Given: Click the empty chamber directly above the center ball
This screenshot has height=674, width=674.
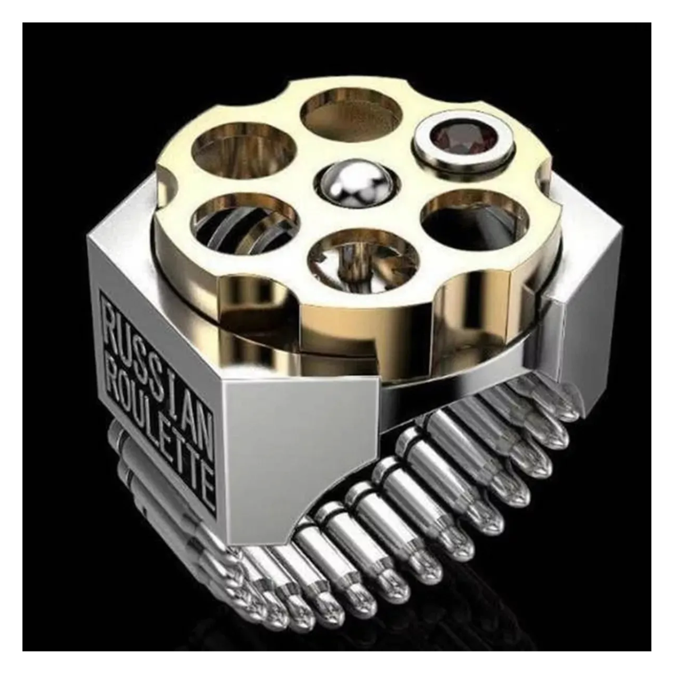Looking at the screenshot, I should [x=352, y=115].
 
